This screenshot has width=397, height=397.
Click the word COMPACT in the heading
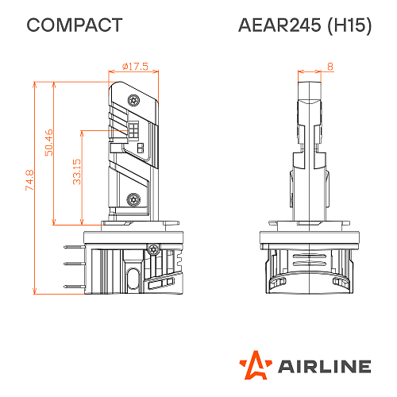[75, 25]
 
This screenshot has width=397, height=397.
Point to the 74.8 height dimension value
[29, 180]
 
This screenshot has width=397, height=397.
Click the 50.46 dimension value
[48, 143]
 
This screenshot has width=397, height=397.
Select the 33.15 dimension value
[76, 171]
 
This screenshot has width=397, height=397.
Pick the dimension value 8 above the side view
[330, 67]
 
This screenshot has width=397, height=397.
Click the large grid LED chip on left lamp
[133, 129]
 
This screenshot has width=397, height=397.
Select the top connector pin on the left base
[74, 248]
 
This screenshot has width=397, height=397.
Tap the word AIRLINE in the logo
[324, 367]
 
